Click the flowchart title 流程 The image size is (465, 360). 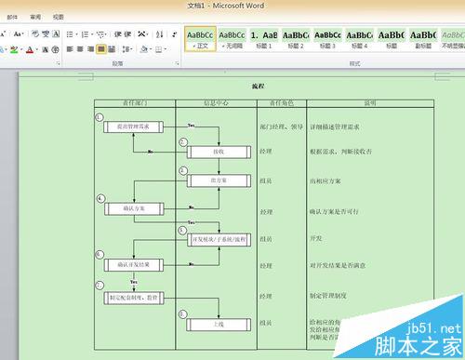[x=258, y=86]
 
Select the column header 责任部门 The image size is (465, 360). [x=135, y=103]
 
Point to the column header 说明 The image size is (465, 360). [x=369, y=103]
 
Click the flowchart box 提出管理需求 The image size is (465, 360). [x=132, y=126]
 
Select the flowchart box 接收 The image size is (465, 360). [x=218, y=151]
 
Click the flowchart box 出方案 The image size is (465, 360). [x=218, y=180]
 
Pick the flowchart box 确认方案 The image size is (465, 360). [x=132, y=208]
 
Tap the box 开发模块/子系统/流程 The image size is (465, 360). [x=218, y=240]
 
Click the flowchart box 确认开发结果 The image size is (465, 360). [x=132, y=266]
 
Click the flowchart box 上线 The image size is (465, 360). [x=218, y=325]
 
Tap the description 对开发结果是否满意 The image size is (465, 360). [x=340, y=266]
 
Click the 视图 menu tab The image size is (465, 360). [x=59, y=17]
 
